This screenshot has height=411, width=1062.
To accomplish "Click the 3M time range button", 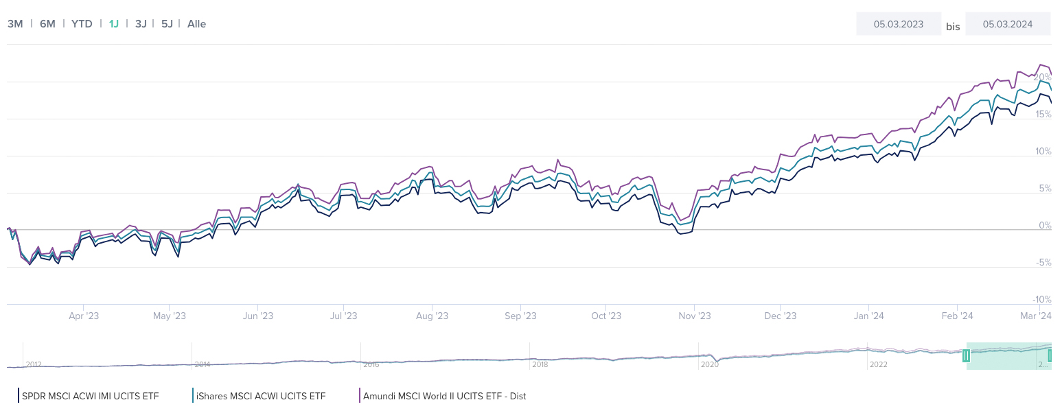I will [15, 23].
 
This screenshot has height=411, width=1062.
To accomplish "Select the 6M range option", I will [47, 23].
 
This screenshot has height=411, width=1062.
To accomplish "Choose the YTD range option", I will [82, 23].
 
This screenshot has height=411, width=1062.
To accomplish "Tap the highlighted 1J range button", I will [114, 23].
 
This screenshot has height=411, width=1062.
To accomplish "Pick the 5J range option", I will [167, 23].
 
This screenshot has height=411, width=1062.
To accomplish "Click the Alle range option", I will [196, 23].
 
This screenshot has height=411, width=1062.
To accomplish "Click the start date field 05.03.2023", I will [898, 24].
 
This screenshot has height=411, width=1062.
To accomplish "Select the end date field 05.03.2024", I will [1007, 24].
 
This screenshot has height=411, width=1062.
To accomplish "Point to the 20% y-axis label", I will [1042, 77].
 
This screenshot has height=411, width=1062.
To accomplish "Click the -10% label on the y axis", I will [1041, 299].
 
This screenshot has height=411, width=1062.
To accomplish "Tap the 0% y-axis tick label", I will [1044, 225].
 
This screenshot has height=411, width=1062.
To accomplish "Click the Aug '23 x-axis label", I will [432, 316].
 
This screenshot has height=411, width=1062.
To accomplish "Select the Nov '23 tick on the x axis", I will [694, 316].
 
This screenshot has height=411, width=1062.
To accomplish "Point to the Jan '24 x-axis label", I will [868, 316].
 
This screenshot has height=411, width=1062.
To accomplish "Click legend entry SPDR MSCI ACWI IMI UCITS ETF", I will [89, 396].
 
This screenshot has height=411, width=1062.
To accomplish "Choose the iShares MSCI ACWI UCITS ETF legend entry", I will [260, 396].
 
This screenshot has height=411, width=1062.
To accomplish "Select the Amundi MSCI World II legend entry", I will [443, 396].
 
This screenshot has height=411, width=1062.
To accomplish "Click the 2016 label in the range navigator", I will [371, 364].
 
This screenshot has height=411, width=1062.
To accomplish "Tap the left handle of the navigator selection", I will [966, 355].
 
